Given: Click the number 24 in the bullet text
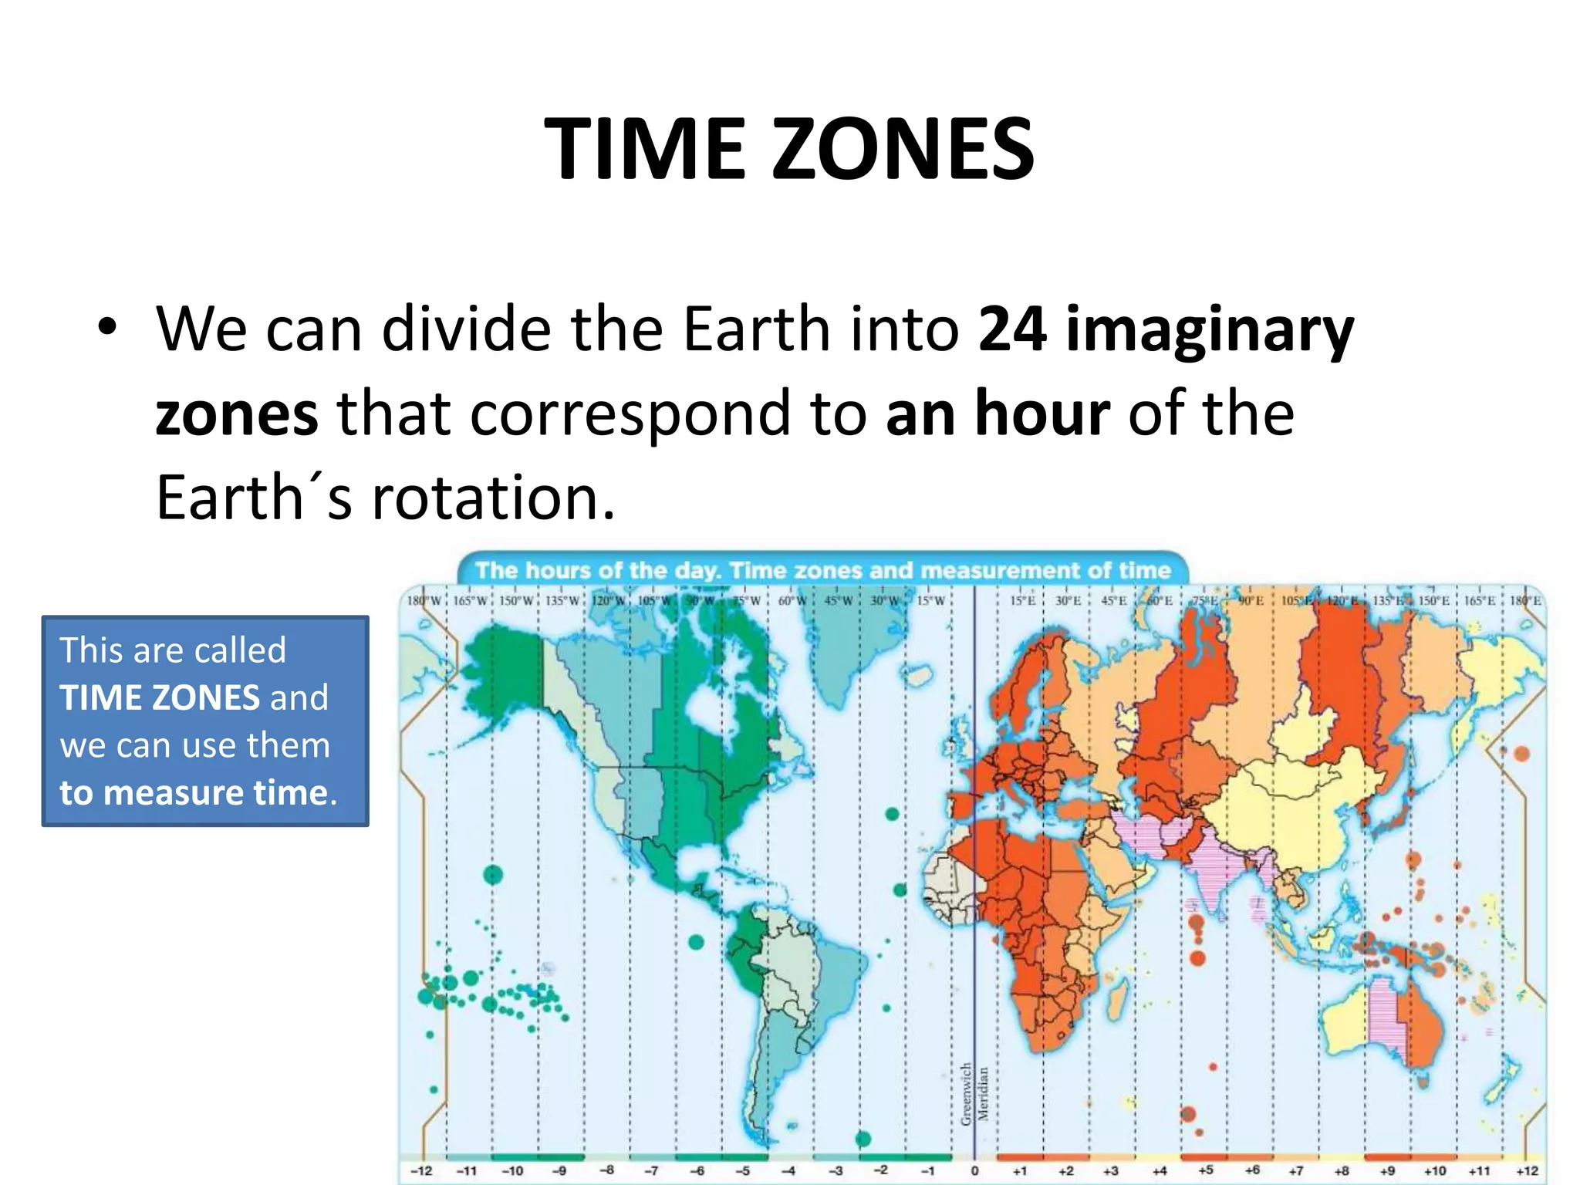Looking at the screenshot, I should [1012, 329].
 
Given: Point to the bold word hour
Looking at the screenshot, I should [1042, 414].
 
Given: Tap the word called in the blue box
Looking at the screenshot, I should [241, 650].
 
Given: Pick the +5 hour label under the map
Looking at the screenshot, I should [1205, 1170].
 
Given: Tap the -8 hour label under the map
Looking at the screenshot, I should [607, 1170].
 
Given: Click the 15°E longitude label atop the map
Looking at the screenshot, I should [1022, 601].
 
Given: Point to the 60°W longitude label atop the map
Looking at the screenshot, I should [792, 601].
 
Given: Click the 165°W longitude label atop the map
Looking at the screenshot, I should [469, 601].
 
